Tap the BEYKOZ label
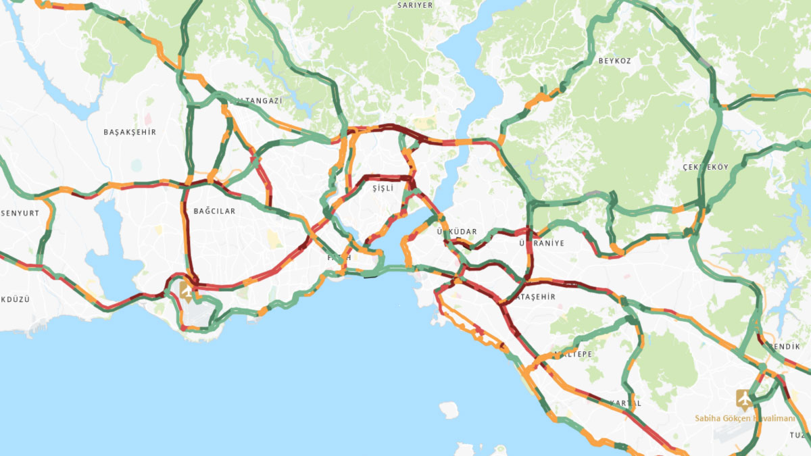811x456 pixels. coord(614,61)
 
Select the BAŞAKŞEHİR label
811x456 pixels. coord(130,132)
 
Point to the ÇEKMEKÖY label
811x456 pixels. coord(706,168)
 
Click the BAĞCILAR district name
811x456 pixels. coord(214,211)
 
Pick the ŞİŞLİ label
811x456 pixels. coord(383,189)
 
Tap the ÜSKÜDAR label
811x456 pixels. coord(457,232)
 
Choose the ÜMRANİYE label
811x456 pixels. coord(541,243)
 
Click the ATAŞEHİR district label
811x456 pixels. coord(535,297)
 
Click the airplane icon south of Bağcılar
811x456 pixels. coord(186,291)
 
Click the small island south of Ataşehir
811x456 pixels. coord(448,410)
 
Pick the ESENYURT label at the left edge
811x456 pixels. coord(19,213)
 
